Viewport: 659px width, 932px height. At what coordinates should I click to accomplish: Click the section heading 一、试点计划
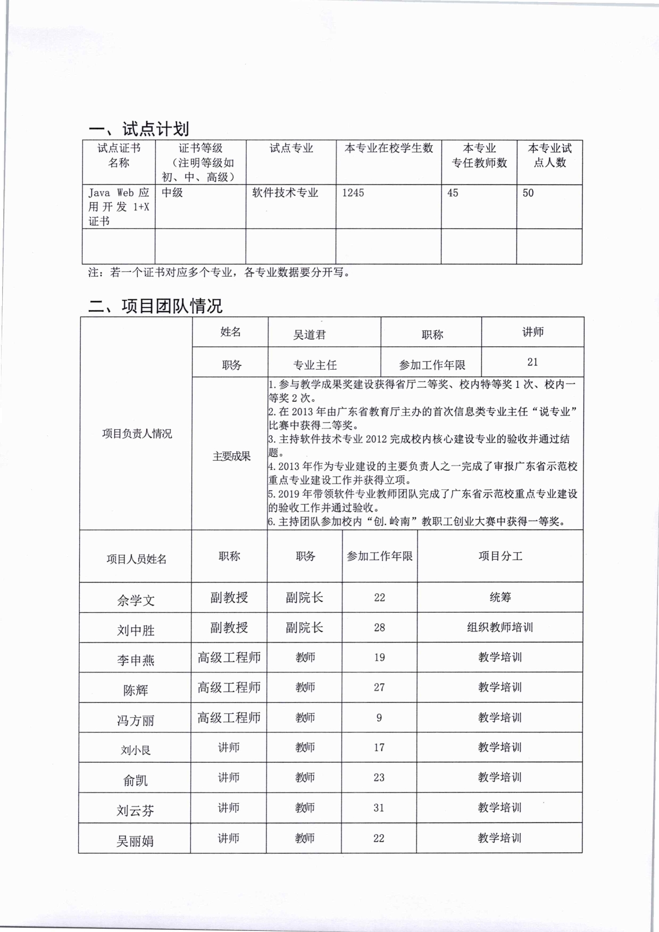coord(139,129)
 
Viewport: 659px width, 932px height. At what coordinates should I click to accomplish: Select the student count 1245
coord(353,193)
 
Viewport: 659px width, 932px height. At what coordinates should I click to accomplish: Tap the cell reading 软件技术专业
coord(285,193)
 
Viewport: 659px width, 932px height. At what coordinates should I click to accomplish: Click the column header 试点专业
coord(291,148)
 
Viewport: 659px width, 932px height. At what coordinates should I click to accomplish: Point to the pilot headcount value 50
coord(528,193)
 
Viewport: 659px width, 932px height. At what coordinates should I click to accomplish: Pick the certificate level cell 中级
coord(172,193)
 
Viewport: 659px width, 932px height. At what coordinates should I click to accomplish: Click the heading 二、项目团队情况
coord(155,306)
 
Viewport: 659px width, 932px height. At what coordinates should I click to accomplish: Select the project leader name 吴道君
coord(309,335)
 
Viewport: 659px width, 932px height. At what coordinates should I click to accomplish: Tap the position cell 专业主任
coord(315,365)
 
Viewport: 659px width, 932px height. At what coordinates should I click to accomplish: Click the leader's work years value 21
coord(532,362)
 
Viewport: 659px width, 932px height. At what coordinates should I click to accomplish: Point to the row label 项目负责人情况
coord(137,434)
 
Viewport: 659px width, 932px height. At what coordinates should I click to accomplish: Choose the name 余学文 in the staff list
coord(136,601)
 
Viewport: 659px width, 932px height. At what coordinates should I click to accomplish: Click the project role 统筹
coord(500,597)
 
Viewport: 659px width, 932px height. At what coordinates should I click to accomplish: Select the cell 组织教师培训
coord(500,628)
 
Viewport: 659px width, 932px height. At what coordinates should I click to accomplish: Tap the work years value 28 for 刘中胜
coord(379,628)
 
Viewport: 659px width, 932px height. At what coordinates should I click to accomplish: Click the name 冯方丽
coord(136,721)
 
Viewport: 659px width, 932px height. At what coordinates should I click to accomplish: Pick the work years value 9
coord(379,718)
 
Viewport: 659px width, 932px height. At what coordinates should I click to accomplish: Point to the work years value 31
coord(379,808)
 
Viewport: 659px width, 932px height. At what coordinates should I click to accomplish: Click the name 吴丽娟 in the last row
coord(135,842)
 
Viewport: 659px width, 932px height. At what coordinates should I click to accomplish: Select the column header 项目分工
coord(500,556)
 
